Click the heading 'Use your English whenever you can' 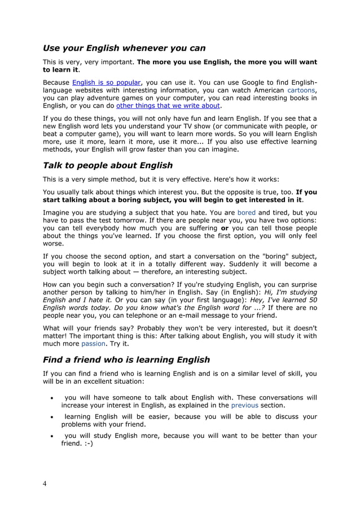pyautogui.click(x=124, y=48)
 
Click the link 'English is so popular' pyautogui.click(x=107, y=82)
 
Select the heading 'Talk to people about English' pyautogui.click(x=108, y=165)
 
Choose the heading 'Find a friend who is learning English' pyautogui.click(x=126, y=359)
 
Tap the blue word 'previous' pyautogui.click(x=245, y=405)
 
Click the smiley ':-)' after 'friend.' pyautogui.click(x=87, y=444)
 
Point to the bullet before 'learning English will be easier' pyautogui.click(x=52, y=417)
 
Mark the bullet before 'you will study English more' pyautogui.click(x=52, y=436)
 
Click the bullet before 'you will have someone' pyautogui.click(x=52, y=398)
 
